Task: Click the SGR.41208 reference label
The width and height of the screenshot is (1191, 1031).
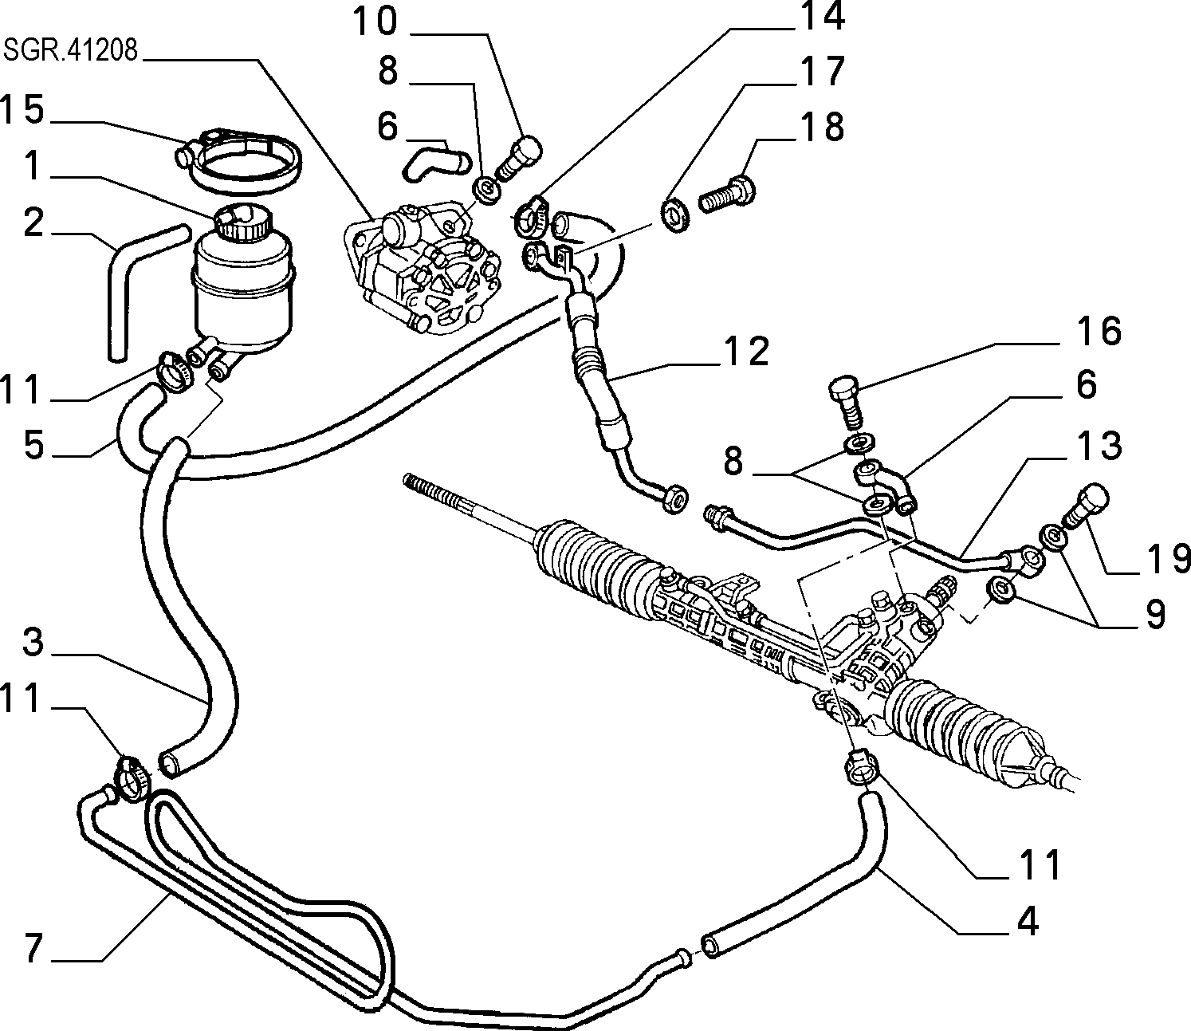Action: tap(71, 51)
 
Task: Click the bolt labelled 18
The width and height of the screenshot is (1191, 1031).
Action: tap(727, 195)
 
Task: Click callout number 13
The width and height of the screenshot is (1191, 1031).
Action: tap(1099, 445)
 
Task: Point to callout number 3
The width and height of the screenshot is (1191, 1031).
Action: tap(33, 643)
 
